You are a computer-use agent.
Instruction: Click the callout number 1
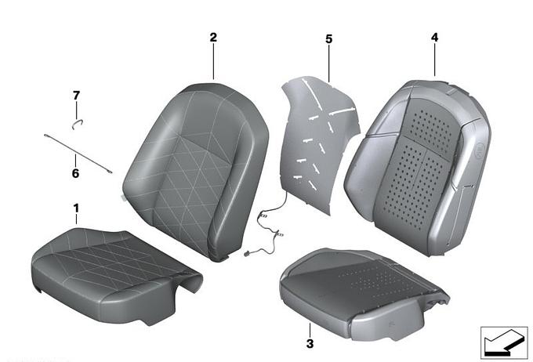point(76,208)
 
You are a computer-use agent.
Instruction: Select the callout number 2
point(213,38)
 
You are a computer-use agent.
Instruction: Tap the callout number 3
point(310,344)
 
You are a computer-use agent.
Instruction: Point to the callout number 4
point(435,38)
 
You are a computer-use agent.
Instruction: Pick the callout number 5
point(328,39)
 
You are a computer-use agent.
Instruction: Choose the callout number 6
point(75,173)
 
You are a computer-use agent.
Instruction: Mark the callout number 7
point(76,96)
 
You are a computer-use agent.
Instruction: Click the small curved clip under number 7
point(78,124)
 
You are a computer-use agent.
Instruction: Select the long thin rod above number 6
point(78,154)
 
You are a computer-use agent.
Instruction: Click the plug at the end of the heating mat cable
point(247,254)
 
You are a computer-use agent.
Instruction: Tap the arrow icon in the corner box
point(502,342)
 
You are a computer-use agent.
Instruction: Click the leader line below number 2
point(213,62)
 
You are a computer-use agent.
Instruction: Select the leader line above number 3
point(310,330)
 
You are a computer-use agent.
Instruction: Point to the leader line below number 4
point(435,60)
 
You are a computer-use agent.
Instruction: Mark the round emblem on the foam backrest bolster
point(479,150)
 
